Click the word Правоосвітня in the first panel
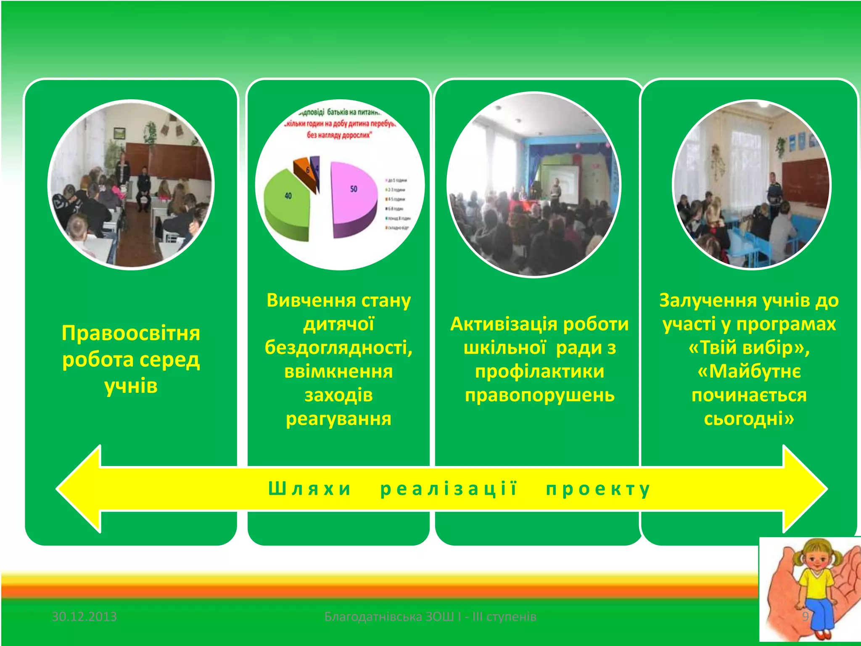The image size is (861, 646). [x=131, y=333]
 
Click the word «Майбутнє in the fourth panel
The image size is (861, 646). [x=749, y=372]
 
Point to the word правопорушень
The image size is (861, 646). [x=539, y=395]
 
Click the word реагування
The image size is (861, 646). [x=338, y=419]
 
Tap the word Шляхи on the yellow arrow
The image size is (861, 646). [x=309, y=489]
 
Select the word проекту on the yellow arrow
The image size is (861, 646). [x=598, y=489]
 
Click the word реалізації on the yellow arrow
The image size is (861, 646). [x=449, y=489]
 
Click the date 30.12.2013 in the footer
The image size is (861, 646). [x=84, y=617]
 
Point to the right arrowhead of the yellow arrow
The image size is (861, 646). [x=805, y=489]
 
